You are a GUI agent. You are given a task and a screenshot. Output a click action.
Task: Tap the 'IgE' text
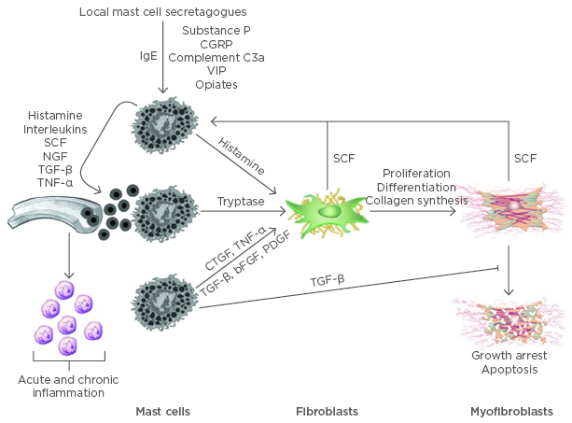click(x=147, y=57)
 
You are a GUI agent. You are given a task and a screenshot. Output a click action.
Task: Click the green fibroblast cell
click(x=328, y=213)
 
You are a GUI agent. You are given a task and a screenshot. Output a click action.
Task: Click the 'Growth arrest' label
click(x=509, y=356)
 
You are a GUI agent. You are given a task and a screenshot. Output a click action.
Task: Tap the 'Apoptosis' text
click(x=509, y=370)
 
